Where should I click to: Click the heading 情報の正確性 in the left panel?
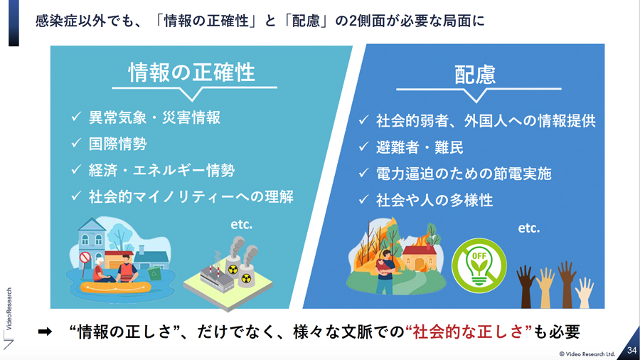click(192, 73)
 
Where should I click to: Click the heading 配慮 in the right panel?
click(475, 75)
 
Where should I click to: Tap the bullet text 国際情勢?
click(118, 144)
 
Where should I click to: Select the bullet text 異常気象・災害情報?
click(155, 117)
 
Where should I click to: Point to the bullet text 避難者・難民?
click(420, 147)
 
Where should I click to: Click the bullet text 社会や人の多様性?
click(434, 200)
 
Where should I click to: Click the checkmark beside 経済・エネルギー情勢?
click(76, 169)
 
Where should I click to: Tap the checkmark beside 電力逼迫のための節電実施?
click(363, 173)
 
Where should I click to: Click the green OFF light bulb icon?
click(479, 265)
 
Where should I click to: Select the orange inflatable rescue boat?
click(115, 287)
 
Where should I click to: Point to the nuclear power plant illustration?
click(228, 273)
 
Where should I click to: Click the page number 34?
click(632, 350)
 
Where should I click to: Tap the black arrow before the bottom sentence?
click(45, 332)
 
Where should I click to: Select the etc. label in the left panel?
click(242, 225)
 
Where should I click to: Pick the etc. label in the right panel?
click(529, 228)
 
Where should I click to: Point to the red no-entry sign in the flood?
click(85, 258)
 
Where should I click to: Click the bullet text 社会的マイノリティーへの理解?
click(191, 197)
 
